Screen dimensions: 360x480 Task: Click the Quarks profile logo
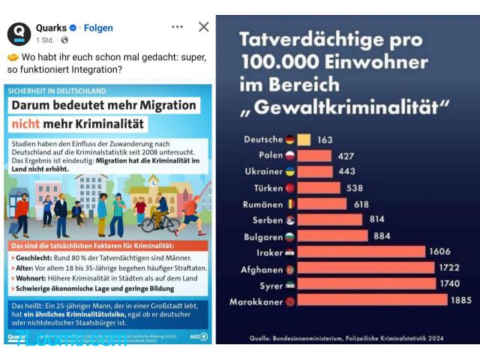pos(19,34)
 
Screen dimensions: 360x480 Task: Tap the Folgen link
pos(98,28)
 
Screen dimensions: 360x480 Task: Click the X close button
pos(203,27)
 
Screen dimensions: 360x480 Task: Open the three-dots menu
pos(177,27)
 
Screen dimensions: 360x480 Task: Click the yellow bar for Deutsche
pos(304,139)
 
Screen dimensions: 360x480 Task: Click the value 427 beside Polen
pos(346,156)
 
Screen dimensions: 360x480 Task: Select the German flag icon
pos(290,139)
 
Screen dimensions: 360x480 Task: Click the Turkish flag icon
pos(290,188)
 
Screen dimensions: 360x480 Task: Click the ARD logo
pos(199,337)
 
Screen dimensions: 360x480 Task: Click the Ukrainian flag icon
pos(290,172)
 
